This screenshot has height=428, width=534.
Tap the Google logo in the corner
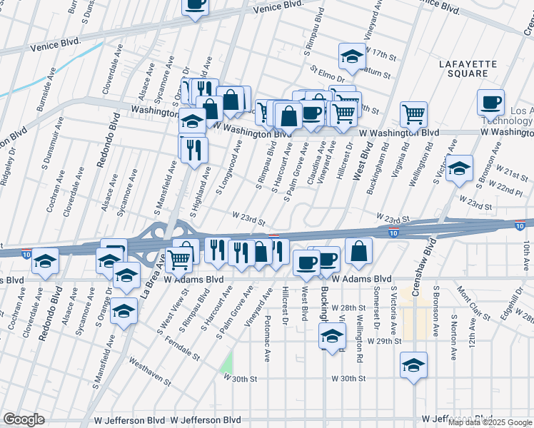[24, 419]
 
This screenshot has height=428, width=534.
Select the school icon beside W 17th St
[352, 56]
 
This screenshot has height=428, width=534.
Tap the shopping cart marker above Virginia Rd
[413, 113]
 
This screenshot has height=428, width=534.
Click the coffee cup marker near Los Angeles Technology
[490, 102]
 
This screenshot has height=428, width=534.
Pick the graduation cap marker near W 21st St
[460, 168]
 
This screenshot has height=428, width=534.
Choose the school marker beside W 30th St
[413, 365]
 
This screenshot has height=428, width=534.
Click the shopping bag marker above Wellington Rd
[358, 251]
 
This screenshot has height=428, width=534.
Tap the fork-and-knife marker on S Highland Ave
[193, 149]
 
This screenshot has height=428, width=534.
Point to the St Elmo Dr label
[327, 75]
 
